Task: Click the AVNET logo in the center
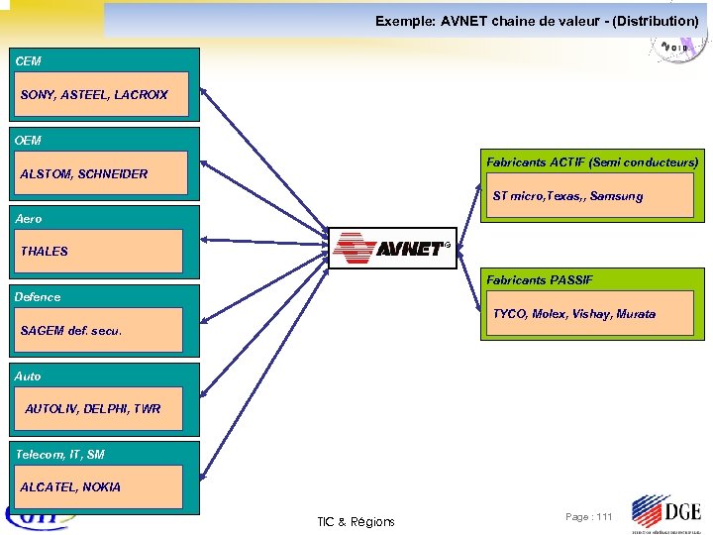391,248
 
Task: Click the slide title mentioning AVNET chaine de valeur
536,21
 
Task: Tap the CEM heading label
29,61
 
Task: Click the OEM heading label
29,141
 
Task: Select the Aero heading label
29,218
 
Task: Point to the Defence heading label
38,296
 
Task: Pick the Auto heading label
29,375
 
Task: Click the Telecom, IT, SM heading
59,454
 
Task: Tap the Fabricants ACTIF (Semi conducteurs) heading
591,161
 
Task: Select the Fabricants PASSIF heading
540,280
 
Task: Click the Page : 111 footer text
589,517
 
